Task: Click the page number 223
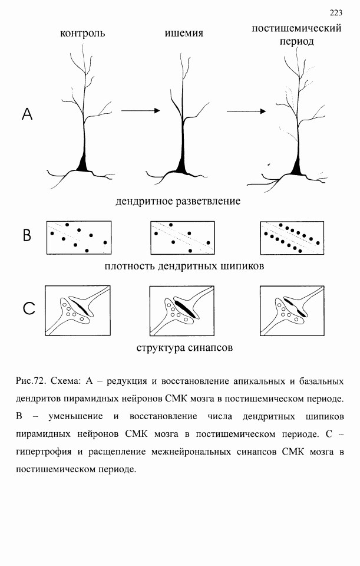(336, 13)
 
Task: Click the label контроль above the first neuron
(82, 33)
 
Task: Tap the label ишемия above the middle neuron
(184, 33)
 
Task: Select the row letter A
(27, 114)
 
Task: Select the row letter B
(27, 235)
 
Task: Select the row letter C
(28, 308)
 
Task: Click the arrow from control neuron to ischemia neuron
(140, 110)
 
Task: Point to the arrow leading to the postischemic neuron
(246, 111)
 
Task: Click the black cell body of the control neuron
(82, 164)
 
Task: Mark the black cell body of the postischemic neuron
(297, 166)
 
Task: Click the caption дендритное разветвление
(178, 201)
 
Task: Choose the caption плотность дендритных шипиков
(184, 266)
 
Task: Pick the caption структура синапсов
(184, 348)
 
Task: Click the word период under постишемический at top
(297, 42)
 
